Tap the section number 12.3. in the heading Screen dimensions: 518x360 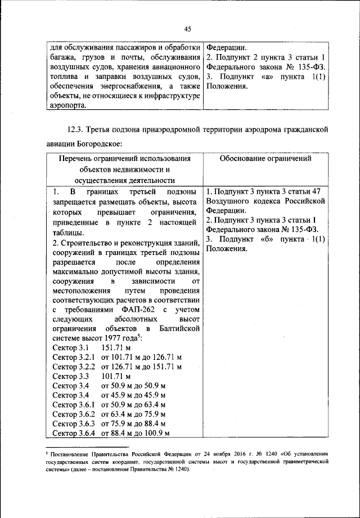click(78, 131)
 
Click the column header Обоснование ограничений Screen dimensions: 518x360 click(265, 159)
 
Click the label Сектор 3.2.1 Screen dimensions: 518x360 click(74, 358)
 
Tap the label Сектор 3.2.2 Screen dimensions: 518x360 click(74, 367)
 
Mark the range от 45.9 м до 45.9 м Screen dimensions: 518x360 click(133, 395)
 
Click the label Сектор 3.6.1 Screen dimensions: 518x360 click(74, 404)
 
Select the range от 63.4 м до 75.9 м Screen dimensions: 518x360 click(133, 414)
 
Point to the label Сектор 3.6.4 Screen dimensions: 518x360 click(74, 433)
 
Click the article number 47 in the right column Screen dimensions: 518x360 click(319, 191)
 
